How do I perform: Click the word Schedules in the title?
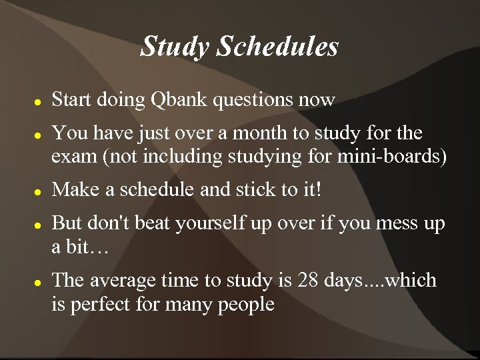tap(278, 47)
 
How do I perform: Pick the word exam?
tap(74, 158)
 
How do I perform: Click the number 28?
tap(301, 281)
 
